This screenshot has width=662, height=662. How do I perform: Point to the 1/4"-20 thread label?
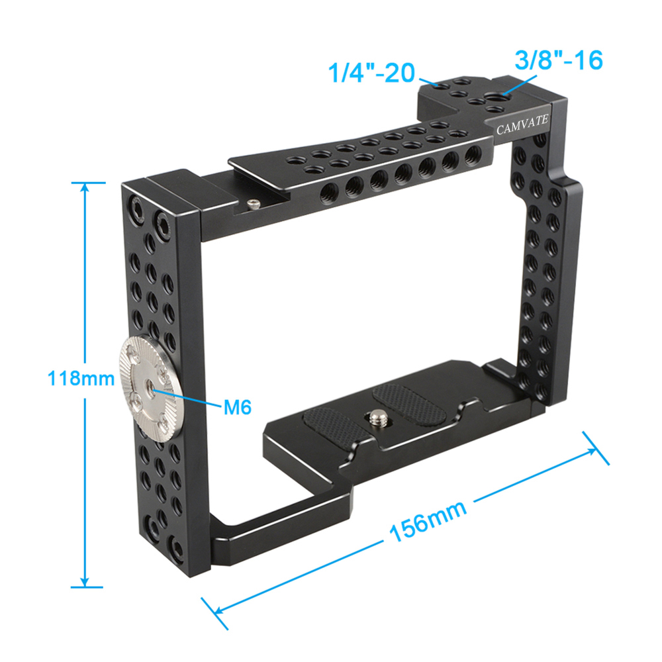pyautogui.click(x=371, y=71)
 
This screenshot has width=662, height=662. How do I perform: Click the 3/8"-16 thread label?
pyautogui.click(x=559, y=60)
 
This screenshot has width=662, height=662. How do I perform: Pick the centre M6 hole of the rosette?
pyautogui.click(x=154, y=381)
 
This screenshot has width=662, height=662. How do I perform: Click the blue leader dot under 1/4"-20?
pyautogui.click(x=437, y=85)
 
